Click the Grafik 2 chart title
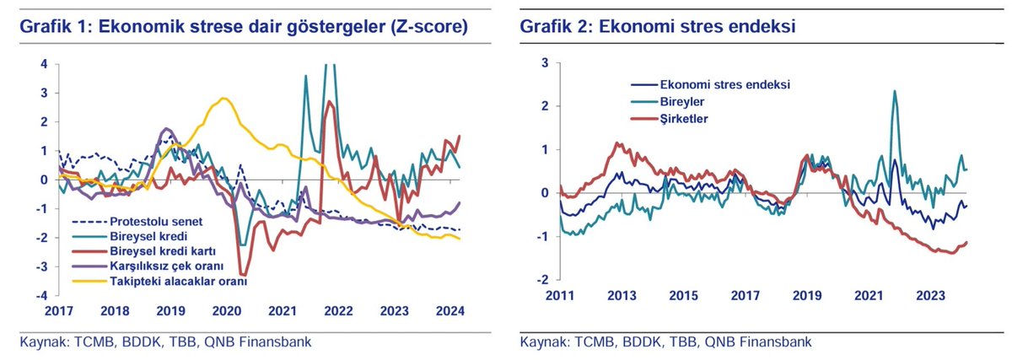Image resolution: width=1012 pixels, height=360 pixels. [659, 27]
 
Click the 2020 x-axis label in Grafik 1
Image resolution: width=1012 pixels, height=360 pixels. [227, 310]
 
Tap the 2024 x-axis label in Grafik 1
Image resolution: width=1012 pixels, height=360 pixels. [452, 310]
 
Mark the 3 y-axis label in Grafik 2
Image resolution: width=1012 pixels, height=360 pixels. [545, 63]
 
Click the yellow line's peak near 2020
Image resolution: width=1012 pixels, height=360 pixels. [223, 99]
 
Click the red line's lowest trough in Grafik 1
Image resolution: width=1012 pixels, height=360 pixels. [244, 274]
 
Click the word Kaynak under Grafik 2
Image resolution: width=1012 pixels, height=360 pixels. [542, 343]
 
